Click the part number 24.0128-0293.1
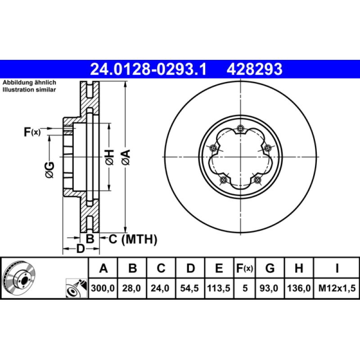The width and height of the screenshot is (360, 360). [x=148, y=69]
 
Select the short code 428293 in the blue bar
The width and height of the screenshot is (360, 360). [x=255, y=69]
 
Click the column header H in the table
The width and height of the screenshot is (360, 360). [x=298, y=269]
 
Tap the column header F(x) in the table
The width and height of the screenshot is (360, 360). [x=245, y=269]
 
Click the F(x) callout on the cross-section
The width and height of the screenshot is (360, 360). [x=32, y=132]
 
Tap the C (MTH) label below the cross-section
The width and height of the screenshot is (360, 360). [x=133, y=239]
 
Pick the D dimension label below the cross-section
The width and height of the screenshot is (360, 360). [x=80, y=248]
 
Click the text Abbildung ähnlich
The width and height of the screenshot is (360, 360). [x=29, y=83]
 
